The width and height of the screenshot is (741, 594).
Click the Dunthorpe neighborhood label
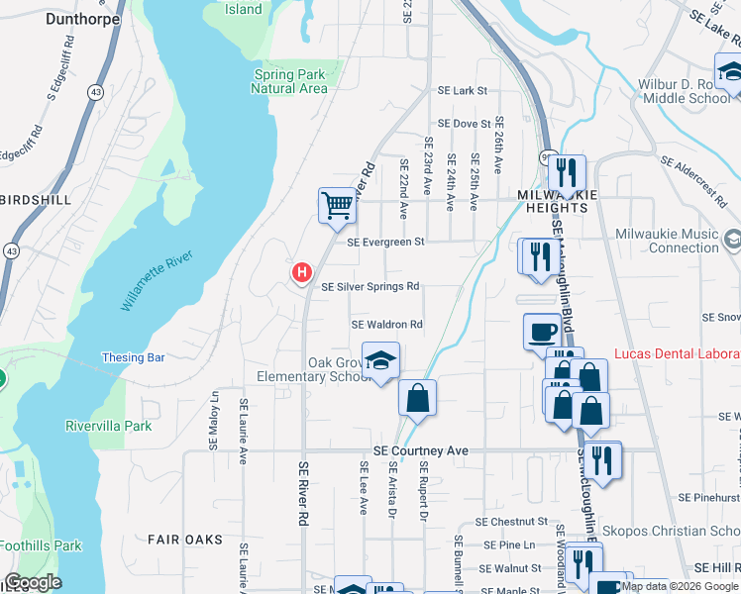pyautogui.click(x=82, y=18)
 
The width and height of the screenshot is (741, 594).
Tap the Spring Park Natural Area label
pyautogui.click(x=289, y=82)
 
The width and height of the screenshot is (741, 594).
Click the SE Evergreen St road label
pyautogui.click(x=385, y=242)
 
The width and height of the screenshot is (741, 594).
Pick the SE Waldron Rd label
pyautogui.click(x=387, y=325)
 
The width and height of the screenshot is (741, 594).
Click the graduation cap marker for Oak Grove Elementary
pyautogui.click(x=379, y=362)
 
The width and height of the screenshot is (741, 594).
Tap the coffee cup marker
pyautogui.click(x=542, y=331)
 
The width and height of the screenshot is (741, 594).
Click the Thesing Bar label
pyautogui.click(x=133, y=357)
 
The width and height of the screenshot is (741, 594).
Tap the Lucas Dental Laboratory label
pyautogui.click(x=677, y=352)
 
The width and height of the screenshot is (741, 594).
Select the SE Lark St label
pyautogui.click(x=464, y=90)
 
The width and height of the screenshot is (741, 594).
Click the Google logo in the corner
pyautogui.click(x=33, y=582)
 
